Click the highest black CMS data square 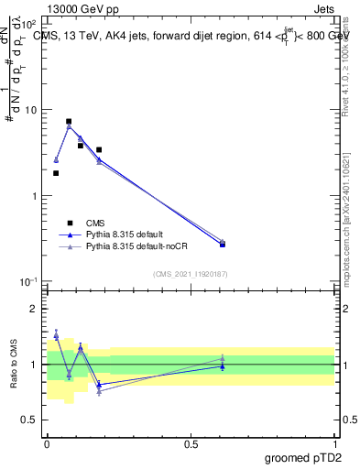(x=69, y=121)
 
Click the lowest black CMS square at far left (x=56, y=173)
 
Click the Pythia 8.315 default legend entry (x=119, y=234)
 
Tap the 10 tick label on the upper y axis (x=31, y=110)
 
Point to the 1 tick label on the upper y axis (x=35, y=196)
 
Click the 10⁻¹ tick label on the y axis (x=29, y=281)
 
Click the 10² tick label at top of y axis (x=29, y=24)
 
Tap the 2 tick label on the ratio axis (x=35, y=309)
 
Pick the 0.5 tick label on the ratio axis (x=31, y=420)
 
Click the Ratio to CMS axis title (x=14, y=364)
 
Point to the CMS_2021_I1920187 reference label (x=190, y=274)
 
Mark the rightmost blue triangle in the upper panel (x=223, y=244)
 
